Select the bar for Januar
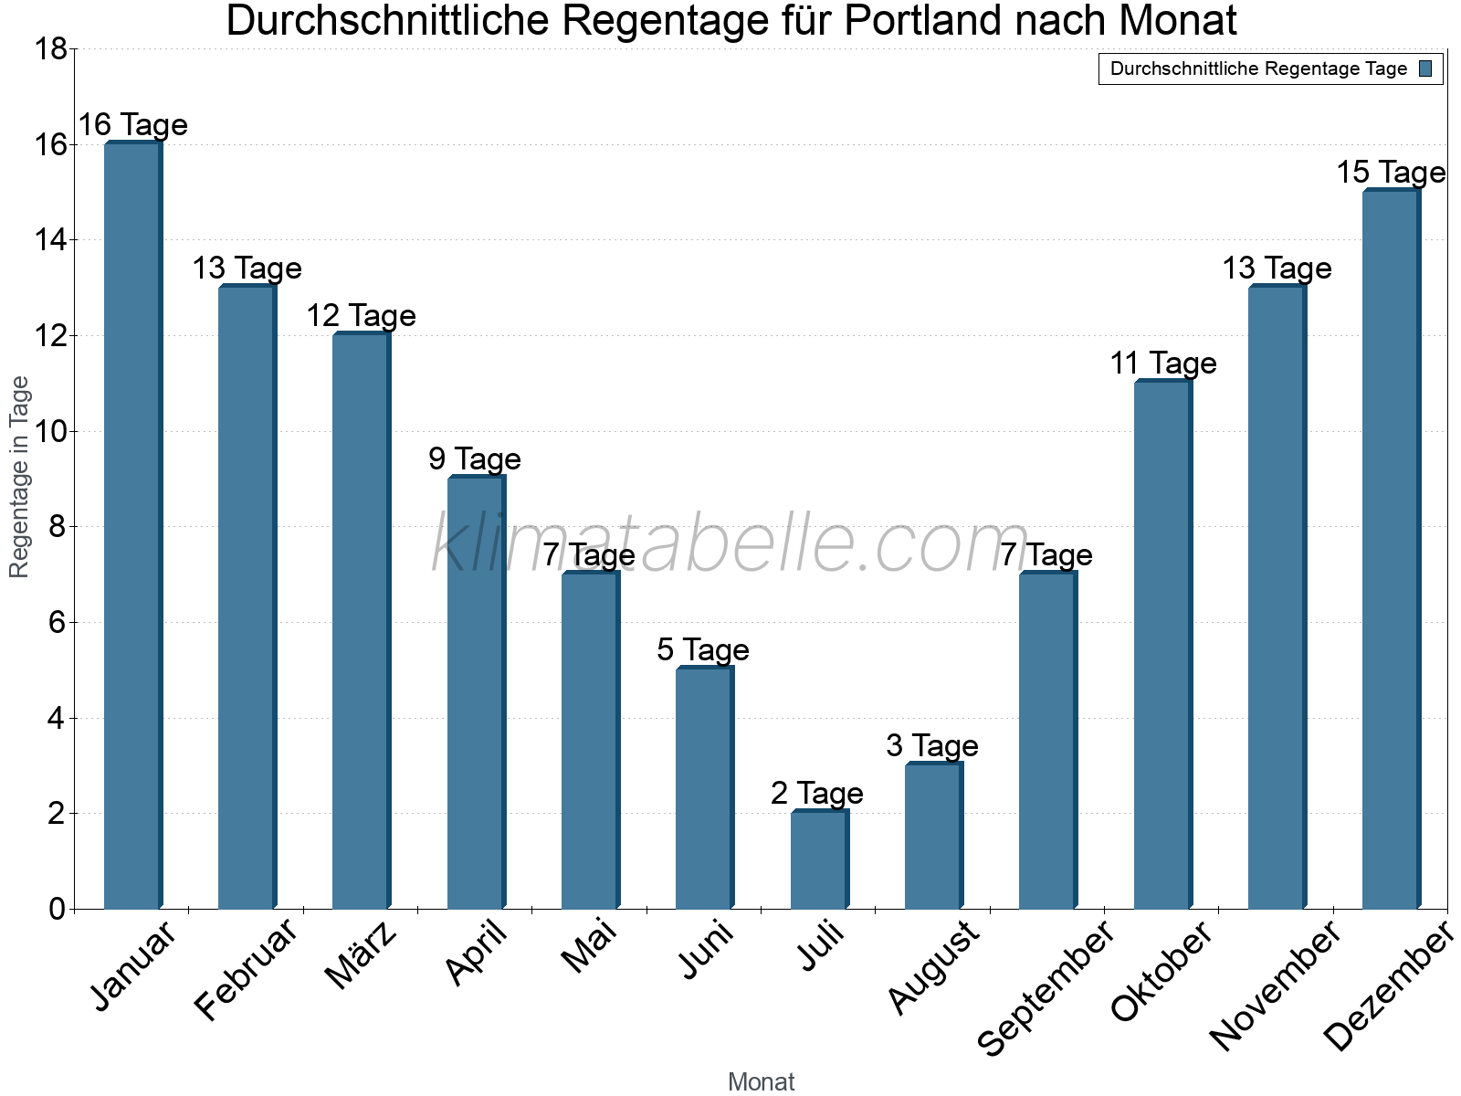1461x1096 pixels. pos(133,525)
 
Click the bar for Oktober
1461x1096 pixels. pos(1162,645)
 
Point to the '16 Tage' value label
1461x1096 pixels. pos(132,124)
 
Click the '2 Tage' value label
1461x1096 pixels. pos(817,793)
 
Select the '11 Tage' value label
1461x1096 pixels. pos(1163,363)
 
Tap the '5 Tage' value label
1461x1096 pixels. pos(703,649)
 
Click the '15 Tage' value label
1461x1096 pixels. pos(1391,172)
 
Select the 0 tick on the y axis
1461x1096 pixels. pos(57,909)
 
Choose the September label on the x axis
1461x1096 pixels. pos(1046,988)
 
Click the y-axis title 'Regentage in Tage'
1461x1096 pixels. pos(20,477)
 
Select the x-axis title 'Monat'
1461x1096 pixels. pos(762,1081)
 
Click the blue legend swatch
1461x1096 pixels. pos(1425,68)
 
